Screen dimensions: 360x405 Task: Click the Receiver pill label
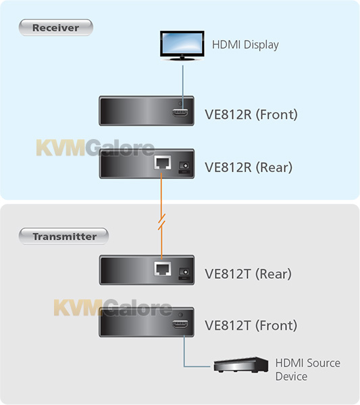(x=56, y=28)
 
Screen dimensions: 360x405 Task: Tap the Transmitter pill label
(x=63, y=236)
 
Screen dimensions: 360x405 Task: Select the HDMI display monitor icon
(x=182, y=46)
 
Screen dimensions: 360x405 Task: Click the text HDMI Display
(x=245, y=45)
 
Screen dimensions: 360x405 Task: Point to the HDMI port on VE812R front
(x=180, y=112)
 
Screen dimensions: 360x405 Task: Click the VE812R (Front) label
(x=251, y=115)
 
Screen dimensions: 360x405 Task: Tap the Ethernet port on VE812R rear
(x=162, y=163)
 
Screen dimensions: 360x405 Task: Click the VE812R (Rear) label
(x=249, y=167)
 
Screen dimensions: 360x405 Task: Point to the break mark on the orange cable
(x=162, y=222)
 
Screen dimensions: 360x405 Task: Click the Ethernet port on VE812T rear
(x=162, y=269)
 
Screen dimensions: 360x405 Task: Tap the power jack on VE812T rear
(x=184, y=272)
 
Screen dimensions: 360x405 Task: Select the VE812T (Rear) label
(x=248, y=274)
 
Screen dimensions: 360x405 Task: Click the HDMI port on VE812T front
(x=180, y=324)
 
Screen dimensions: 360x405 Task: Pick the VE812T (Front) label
(x=251, y=325)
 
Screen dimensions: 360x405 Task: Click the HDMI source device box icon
(x=241, y=364)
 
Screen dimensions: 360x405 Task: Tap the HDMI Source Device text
(x=307, y=370)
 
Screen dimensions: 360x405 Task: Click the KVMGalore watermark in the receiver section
(x=95, y=148)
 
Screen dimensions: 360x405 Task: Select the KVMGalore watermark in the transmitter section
(x=113, y=307)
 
